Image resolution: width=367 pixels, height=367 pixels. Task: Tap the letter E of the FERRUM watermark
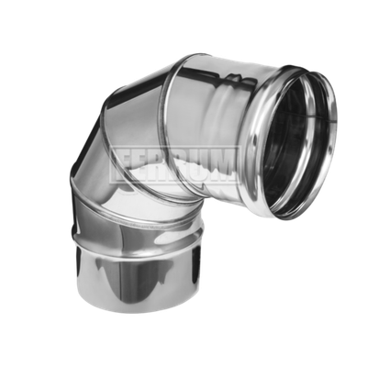tap(141, 165)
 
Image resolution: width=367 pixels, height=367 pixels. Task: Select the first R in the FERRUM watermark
tap(159, 165)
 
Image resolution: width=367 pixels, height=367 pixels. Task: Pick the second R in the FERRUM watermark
tap(178, 165)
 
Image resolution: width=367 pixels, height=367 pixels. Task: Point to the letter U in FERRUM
tap(197, 165)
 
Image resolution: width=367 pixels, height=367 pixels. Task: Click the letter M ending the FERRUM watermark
tap(220, 165)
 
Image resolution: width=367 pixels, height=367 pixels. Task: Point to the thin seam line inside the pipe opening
tap(309, 118)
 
